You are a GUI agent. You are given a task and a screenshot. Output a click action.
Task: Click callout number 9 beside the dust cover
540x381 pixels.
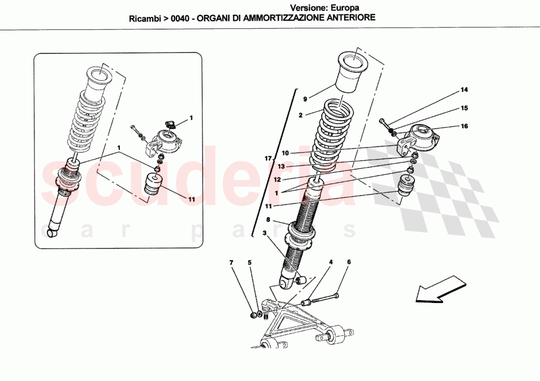pyautogui.click(x=305, y=99)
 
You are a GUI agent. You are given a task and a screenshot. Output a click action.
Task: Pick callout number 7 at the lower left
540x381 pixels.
pyautogui.click(x=231, y=263)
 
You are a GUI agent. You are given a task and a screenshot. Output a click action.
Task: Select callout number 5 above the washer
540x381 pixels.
pyautogui.click(x=249, y=263)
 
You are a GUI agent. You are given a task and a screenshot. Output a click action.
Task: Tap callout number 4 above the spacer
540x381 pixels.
pyautogui.click(x=331, y=262)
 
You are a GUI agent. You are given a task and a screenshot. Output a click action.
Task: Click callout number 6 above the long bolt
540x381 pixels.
pyautogui.click(x=349, y=262)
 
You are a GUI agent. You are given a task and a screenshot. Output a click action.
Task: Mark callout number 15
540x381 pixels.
pyautogui.click(x=464, y=108)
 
